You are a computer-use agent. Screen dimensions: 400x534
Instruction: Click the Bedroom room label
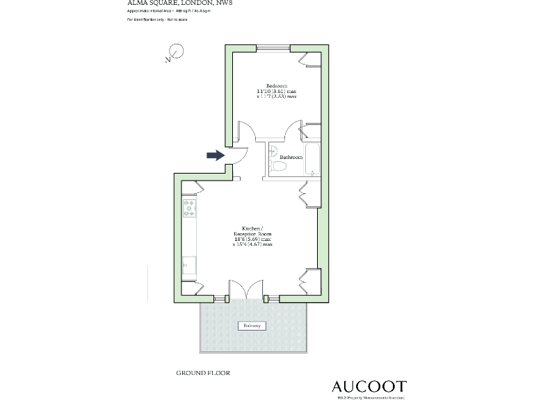click(277, 85)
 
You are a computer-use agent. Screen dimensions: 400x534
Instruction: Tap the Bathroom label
click(291, 158)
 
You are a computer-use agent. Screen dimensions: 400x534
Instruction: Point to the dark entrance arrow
click(216, 156)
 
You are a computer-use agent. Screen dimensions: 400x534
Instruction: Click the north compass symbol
click(175, 52)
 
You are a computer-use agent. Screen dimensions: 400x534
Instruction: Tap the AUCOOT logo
click(369, 386)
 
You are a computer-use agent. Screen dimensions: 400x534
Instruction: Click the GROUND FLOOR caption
click(203, 373)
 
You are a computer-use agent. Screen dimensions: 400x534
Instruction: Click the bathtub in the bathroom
click(311, 160)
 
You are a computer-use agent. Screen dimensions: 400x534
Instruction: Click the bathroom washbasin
click(273, 151)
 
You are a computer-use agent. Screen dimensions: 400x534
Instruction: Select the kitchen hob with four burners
click(188, 208)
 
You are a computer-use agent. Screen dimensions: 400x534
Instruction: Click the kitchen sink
click(188, 263)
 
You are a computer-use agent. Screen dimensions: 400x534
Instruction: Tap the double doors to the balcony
click(247, 290)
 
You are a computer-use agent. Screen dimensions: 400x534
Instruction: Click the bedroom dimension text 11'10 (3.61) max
click(277, 91)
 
